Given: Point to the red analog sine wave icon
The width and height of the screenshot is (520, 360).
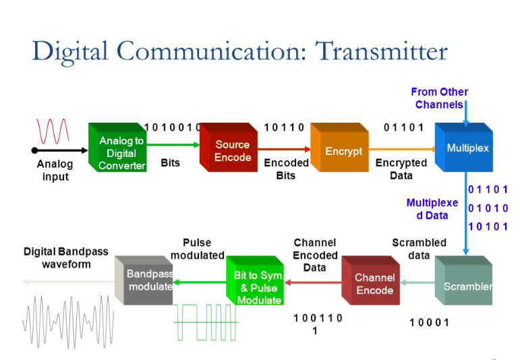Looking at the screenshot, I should tap(53, 129).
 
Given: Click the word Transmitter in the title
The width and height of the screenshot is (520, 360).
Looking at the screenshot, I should tap(381, 51).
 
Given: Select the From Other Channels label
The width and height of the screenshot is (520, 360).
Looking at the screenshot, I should tap(439, 98).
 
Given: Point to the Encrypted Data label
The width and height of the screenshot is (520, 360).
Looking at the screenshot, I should tap(401, 169).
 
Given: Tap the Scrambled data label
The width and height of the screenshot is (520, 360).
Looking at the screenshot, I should tap(419, 248).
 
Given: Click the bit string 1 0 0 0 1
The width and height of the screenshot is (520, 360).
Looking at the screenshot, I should tap(428, 322).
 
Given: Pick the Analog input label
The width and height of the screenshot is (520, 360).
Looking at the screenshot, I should tap(55, 169).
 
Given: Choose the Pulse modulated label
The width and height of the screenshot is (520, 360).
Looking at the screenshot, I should tap(197, 249).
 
